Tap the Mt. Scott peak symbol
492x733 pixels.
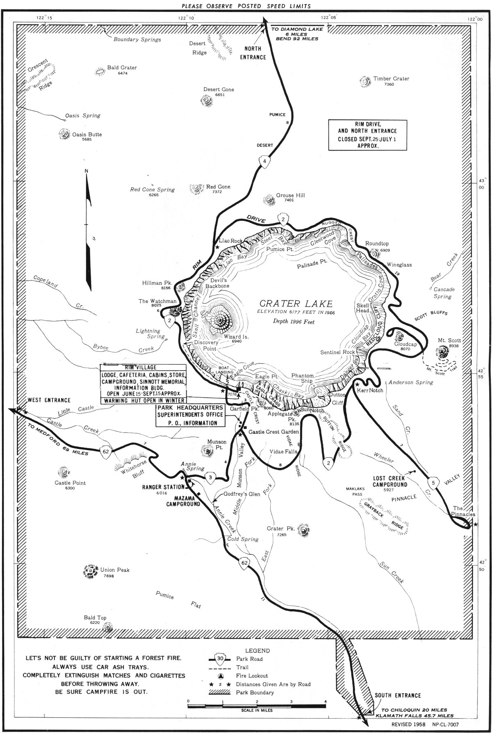(442, 352)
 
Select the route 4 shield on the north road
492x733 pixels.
(265, 161)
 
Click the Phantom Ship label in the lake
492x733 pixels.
(303, 378)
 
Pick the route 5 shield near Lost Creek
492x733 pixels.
(435, 483)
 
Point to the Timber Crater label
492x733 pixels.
(391, 79)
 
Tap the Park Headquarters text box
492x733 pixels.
(190, 415)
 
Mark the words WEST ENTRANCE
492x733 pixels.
(49, 400)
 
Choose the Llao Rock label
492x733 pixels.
(231, 241)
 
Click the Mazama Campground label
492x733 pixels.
(183, 501)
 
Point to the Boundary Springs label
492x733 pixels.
(137, 40)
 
